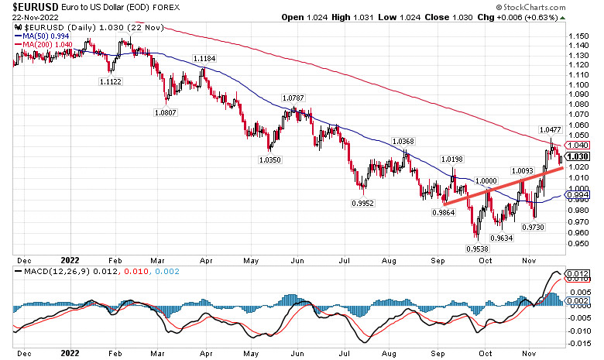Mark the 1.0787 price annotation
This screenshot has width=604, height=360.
click(x=293, y=98)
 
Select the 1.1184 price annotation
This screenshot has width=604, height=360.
click(x=204, y=59)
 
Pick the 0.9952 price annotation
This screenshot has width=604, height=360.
click(x=362, y=203)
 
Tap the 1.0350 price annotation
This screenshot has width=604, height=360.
click(x=272, y=159)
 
